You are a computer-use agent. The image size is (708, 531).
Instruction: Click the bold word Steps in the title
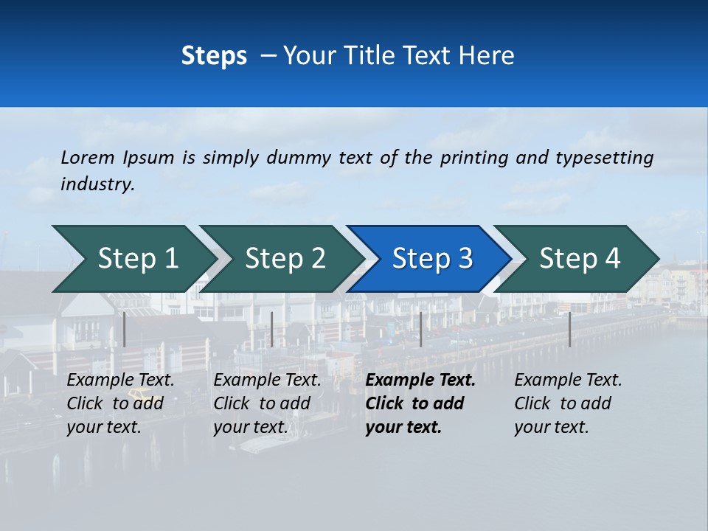pos(214,56)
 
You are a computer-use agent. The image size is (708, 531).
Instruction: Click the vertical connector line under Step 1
pos(125,329)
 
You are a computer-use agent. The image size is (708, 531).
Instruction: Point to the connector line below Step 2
pos(272,329)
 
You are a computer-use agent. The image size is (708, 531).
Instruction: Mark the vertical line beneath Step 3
pos(420,329)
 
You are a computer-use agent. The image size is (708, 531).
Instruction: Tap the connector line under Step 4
pos(569,329)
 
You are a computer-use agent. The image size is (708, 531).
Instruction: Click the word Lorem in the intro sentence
pos(88,158)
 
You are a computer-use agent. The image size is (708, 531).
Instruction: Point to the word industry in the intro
pos(97,184)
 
